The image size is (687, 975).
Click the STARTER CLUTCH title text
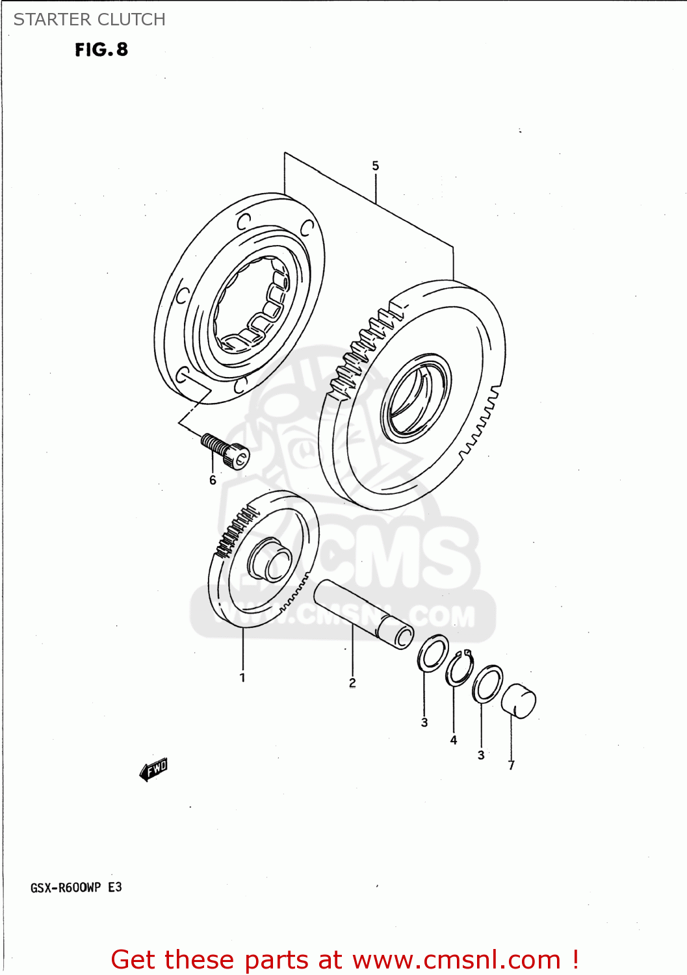[x=90, y=19]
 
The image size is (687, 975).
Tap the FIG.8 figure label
[x=101, y=49]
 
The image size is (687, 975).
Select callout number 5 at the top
[x=375, y=166]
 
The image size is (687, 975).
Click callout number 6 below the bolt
[x=213, y=480]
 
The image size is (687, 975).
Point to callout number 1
[x=242, y=677]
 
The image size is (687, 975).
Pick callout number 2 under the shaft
[x=352, y=682]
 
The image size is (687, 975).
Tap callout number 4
[x=454, y=740]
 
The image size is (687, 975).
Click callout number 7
[x=512, y=765]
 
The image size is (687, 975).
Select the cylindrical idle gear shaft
[x=363, y=614]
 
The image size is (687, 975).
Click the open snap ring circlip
[x=460, y=668]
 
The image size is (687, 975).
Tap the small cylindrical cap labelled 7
[x=519, y=701]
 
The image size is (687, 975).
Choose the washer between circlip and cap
[x=487, y=684]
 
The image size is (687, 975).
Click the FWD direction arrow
[x=154, y=770]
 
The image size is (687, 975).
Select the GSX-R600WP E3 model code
[x=76, y=887]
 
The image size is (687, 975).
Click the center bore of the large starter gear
[x=414, y=398]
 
